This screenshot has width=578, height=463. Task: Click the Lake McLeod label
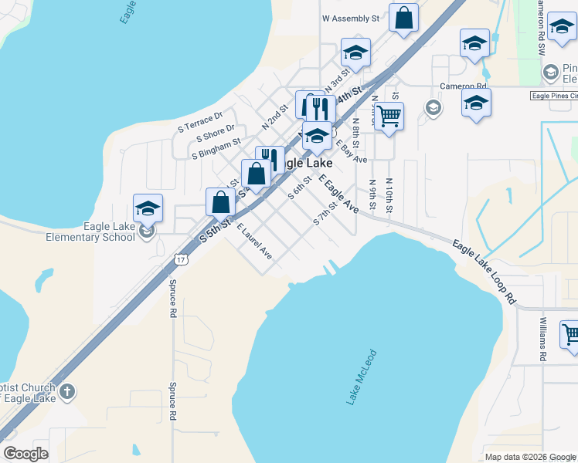click(361, 377)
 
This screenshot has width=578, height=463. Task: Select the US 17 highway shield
click(180, 260)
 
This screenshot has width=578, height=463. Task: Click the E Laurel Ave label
click(254, 241)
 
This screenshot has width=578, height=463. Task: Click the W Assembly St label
click(351, 18)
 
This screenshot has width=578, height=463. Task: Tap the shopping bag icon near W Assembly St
click(403, 18)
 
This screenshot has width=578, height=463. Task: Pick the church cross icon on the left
click(67, 392)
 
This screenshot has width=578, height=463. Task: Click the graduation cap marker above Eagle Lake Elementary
click(148, 208)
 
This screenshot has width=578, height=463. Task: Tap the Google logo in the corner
click(25, 454)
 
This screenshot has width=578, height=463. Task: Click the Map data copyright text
click(529, 457)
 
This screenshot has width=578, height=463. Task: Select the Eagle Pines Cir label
click(553, 96)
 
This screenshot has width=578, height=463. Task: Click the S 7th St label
click(326, 214)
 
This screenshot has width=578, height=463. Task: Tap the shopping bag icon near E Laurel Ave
click(221, 202)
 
